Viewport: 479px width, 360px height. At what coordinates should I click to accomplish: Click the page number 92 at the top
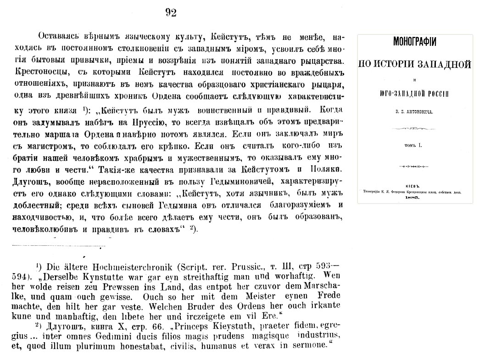tap(171, 13)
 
